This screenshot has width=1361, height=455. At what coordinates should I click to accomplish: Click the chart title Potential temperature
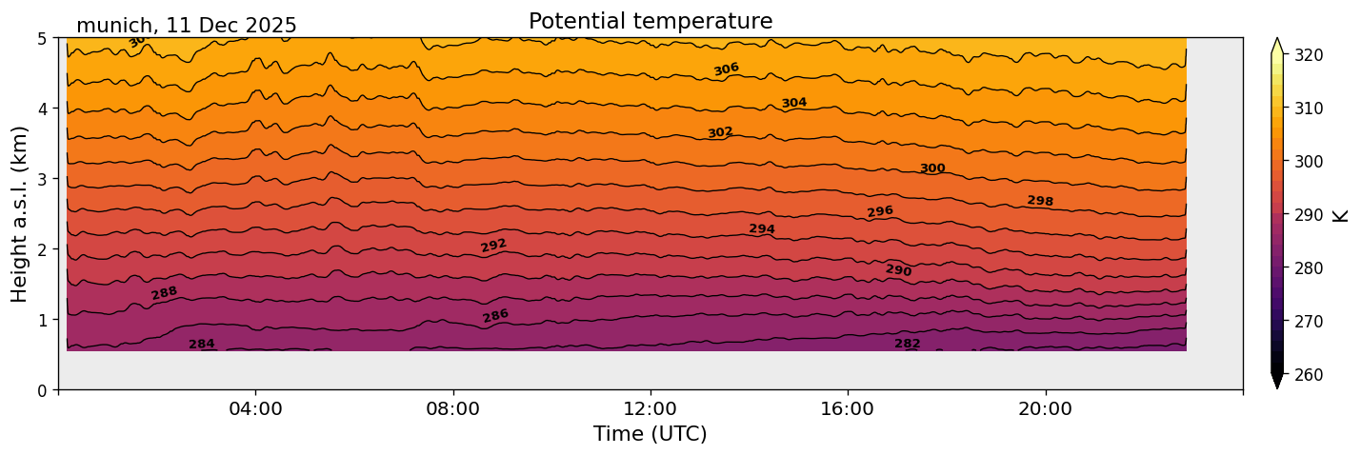[650, 21]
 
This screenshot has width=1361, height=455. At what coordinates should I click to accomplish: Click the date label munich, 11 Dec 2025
[187, 26]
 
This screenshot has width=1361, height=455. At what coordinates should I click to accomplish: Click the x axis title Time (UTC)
[650, 434]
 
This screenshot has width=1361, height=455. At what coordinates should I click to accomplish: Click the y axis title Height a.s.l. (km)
[20, 213]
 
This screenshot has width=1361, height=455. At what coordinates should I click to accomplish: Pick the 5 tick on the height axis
[43, 39]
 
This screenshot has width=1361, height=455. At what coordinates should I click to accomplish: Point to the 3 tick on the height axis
[43, 179]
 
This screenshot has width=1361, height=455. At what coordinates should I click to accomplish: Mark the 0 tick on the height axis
[43, 390]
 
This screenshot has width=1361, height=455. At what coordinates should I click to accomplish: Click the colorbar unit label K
[1341, 215]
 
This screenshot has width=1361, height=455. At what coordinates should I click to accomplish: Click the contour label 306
[727, 69]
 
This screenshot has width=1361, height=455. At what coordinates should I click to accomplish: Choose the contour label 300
[932, 168]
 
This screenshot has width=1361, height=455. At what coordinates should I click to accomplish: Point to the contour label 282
[907, 344]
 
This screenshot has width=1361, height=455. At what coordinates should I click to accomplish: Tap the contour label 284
[202, 345]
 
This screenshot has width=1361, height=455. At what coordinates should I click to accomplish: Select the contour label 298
[1040, 201]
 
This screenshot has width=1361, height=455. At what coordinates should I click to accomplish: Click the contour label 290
[898, 271]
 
